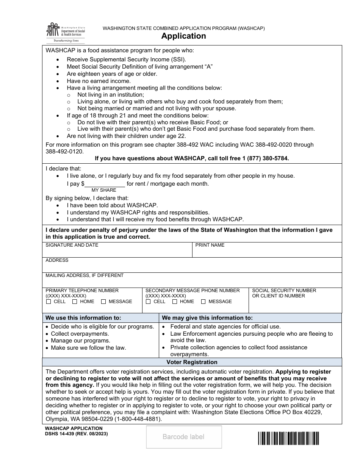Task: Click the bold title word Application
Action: tap(183, 36)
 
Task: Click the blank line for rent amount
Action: tap(105, 184)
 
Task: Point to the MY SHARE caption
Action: tap(104, 190)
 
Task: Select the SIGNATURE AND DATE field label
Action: tap(72, 245)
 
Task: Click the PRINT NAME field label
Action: tap(210, 245)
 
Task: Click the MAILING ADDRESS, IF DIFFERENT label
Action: tap(85, 275)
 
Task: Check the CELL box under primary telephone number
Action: tap(49, 302)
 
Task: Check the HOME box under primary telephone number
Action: tap(75, 302)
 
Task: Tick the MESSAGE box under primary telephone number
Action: tap(103, 302)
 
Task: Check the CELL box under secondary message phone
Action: tap(148, 302)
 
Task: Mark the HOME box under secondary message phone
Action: tap(175, 302)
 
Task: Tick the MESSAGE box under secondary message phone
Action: tap(203, 302)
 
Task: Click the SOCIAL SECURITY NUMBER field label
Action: tap(284, 291)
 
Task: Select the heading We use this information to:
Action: tap(83, 318)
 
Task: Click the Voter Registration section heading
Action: tap(192, 362)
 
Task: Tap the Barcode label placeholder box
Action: tap(184, 437)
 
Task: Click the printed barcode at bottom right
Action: tap(288, 438)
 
